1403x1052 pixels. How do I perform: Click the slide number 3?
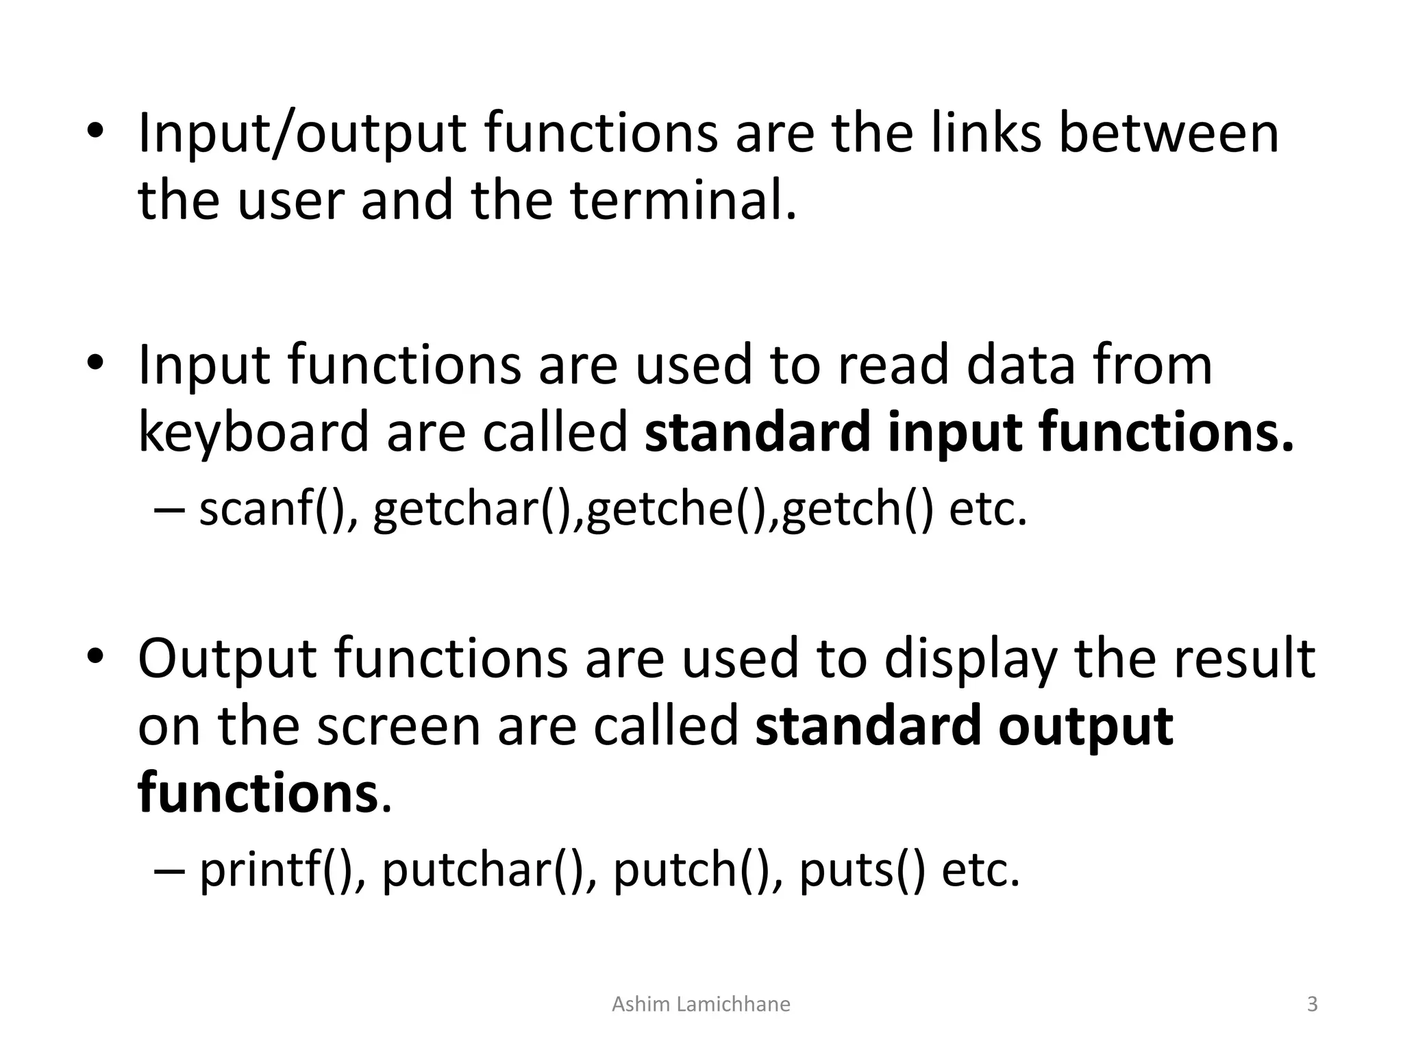pos(1312,1004)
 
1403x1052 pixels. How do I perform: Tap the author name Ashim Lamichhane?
pos(701,1004)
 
